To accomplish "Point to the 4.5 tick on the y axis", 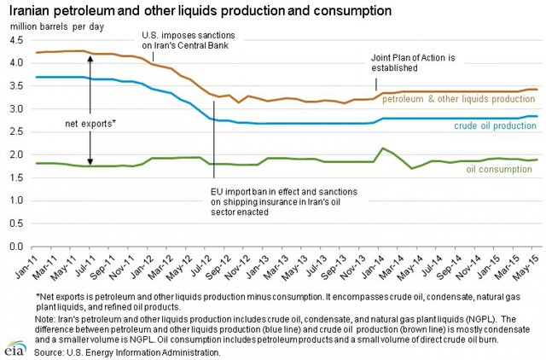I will tap(18, 40).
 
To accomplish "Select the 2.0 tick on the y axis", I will tap(18, 155).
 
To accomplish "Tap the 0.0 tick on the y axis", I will tap(18, 247).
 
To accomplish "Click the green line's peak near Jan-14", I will tap(384, 148).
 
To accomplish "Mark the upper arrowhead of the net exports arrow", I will tap(90, 57).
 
